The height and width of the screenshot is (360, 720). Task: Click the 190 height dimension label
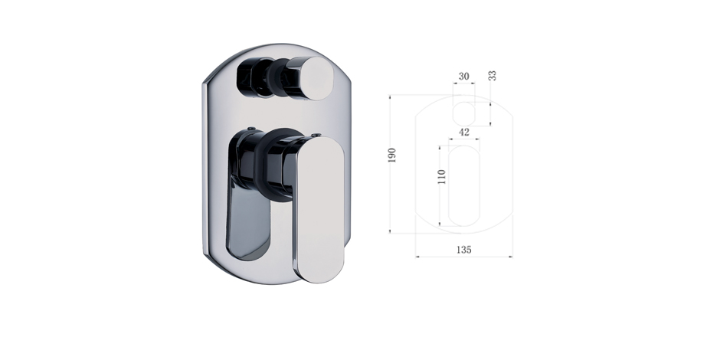point(391,155)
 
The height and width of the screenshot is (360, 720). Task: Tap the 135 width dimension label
point(463,250)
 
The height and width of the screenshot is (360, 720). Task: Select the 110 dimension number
point(442,177)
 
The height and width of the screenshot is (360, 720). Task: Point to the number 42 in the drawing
point(464,133)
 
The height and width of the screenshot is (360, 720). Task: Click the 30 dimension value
point(463,77)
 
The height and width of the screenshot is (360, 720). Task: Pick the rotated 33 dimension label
point(493,76)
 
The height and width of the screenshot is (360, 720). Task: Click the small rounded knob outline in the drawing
point(463,114)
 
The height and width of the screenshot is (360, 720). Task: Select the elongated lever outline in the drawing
point(463,186)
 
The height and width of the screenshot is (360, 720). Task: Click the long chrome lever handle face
point(320,209)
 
